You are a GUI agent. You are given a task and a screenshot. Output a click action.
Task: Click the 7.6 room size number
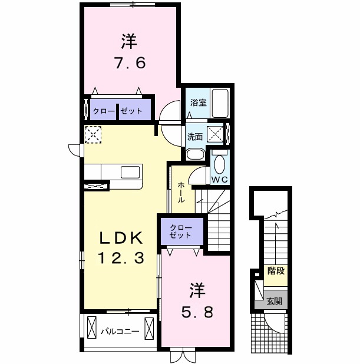tap(129, 62)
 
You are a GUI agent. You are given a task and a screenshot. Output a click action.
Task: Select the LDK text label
tap(120, 238)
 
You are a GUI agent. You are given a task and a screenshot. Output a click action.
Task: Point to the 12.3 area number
tap(120, 257)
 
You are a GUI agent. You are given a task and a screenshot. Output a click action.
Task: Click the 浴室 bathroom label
tap(197, 102)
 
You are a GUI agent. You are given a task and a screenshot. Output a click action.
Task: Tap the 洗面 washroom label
tap(195, 136)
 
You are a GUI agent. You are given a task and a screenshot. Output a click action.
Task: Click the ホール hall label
tap(181, 192)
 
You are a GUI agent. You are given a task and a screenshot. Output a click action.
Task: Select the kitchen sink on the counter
tap(130, 171)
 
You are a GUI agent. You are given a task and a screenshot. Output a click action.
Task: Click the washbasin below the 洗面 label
tap(195, 155)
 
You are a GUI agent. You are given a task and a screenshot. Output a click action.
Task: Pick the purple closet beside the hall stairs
tap(180, 231)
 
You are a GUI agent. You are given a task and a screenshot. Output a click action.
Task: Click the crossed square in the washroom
tap(216, 134)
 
